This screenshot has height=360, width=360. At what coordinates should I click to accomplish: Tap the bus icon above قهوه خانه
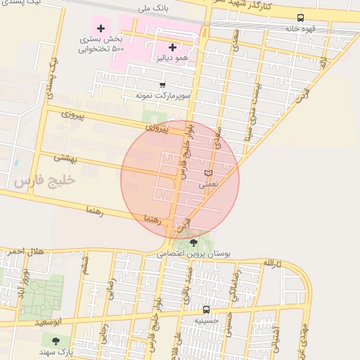click(x=301, y=18)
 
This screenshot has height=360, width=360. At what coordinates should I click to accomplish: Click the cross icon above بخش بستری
click(x=101, y=29)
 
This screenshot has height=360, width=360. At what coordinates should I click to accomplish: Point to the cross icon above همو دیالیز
click(x=172, y=47)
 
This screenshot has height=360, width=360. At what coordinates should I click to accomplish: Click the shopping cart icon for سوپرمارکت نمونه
click(x=162, y=85)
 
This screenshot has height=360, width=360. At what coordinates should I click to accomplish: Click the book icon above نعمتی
click(x=207, y=173)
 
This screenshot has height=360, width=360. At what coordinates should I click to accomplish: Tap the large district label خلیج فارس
click(x=44, y=181)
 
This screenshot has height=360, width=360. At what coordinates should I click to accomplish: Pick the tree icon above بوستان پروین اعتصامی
click(x=194, y=243)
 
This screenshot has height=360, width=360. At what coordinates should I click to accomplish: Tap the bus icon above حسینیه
click(x=206, y=309)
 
